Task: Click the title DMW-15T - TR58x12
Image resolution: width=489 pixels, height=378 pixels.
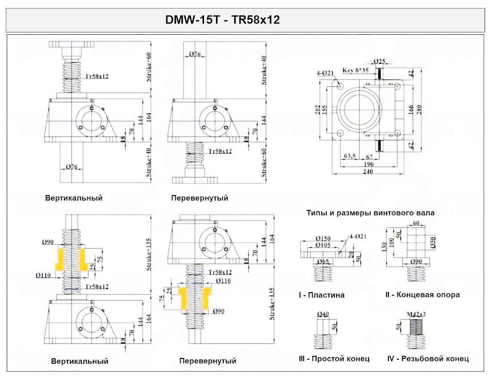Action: tap(222, 20)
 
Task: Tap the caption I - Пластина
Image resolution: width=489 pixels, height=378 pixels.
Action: tap(321, 295)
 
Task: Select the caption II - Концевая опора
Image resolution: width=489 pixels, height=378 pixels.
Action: tap(422, 294)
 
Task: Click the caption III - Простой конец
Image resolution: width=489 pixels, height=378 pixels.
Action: tap(334, 358)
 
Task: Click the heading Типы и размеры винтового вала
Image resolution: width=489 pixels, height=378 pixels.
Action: tap(370, 213)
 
